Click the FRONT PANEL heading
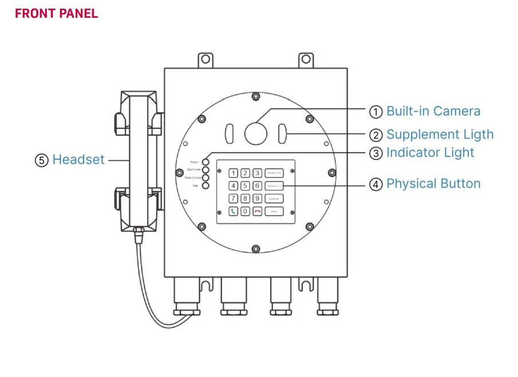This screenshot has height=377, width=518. point(56,13)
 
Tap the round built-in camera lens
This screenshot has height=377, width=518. point(256,132)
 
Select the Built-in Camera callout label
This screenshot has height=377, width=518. point(433,111)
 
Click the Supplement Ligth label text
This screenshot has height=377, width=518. point(440,135)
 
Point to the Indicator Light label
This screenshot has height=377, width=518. point(430,153)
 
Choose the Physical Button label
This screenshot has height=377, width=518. point(433,184)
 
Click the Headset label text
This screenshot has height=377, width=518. point(78,160)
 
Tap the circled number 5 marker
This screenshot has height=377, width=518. point(42,160)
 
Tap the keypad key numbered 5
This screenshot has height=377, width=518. point(245,186)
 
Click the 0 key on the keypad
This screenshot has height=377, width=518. point(245,211)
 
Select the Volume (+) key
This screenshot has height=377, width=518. point(274,173)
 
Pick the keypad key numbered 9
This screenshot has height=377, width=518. point(258,199)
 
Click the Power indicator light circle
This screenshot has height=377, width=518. point(205,163)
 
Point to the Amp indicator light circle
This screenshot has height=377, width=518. point(205,186)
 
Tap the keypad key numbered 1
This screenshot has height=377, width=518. point(233,173)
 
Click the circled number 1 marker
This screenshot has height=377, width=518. point(375,112)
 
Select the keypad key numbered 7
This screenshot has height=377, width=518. point(233,199)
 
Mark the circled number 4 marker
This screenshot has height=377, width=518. point(375,184)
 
